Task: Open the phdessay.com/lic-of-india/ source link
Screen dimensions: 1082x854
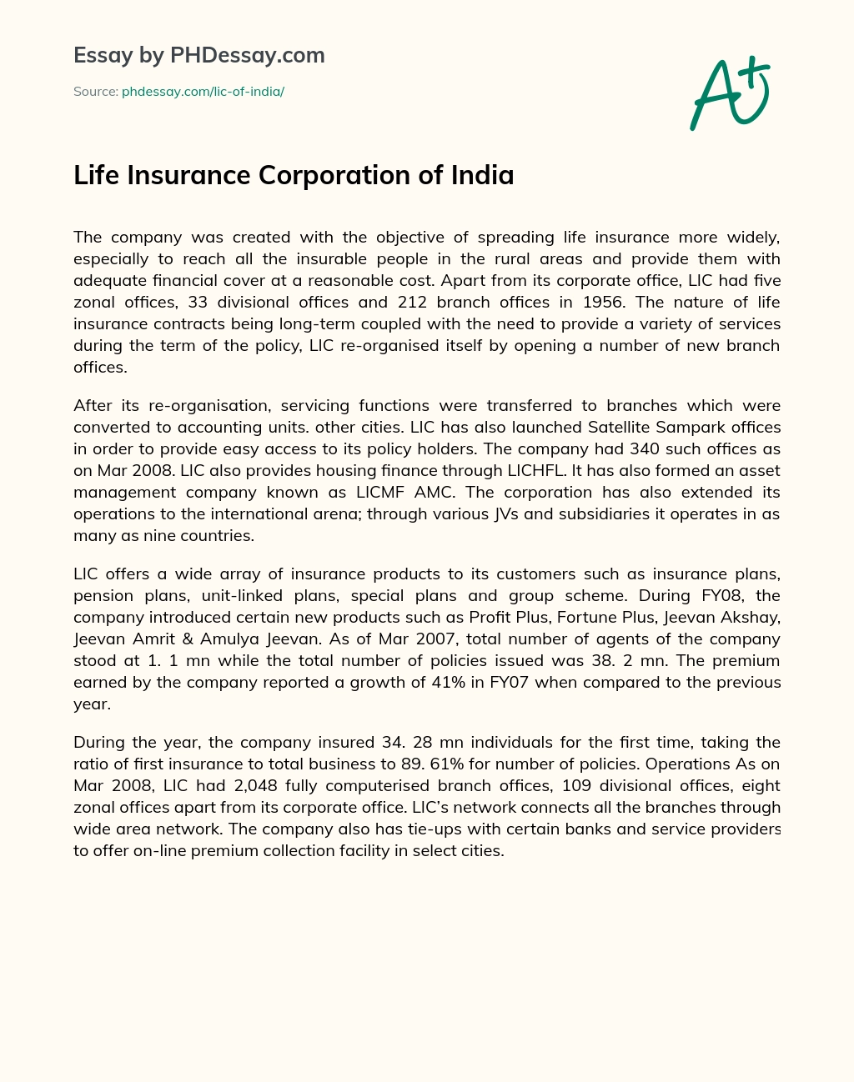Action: point(203,92)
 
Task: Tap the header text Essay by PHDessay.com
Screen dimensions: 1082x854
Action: point(198,56)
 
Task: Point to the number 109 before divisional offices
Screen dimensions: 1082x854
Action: point(578,786)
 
